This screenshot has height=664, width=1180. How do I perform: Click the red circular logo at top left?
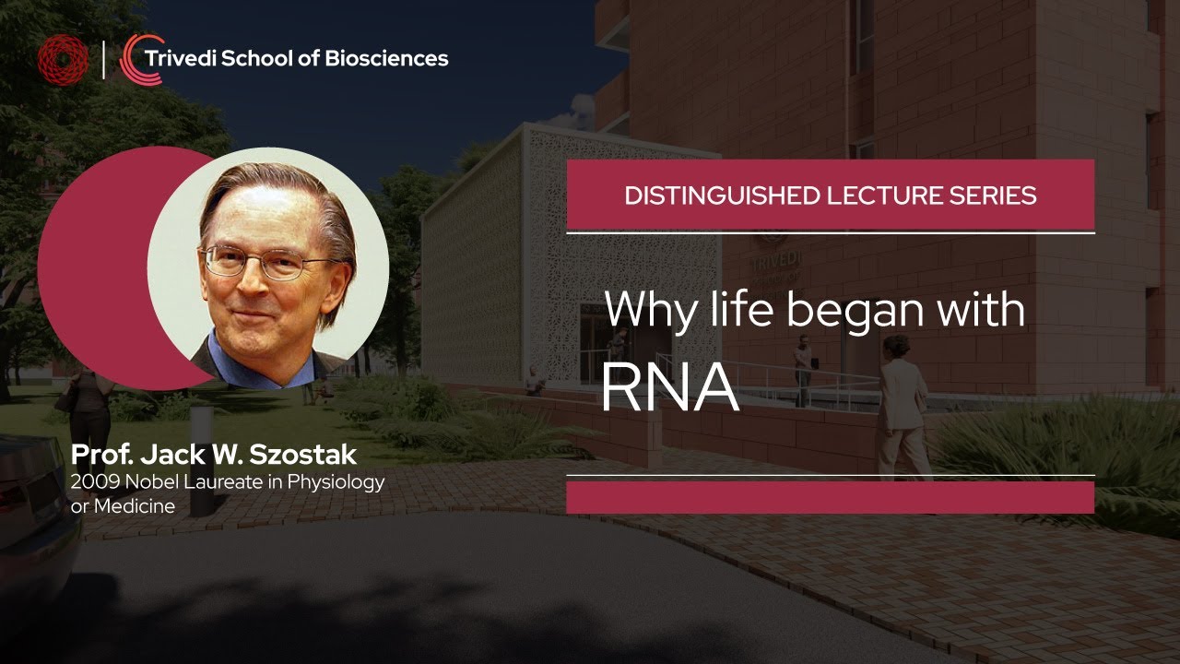pyautogui.click(x=63, y=59)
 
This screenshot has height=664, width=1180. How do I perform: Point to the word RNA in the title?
pyautogui.click(x=669, y=389)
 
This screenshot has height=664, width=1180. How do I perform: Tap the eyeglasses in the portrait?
pyautogui.click(x=264, y=261)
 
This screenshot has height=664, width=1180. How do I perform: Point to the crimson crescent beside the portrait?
pyautogui.click(x=88, y=267)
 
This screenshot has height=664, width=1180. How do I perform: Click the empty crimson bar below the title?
pyautogui.click(x=830, y=497)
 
